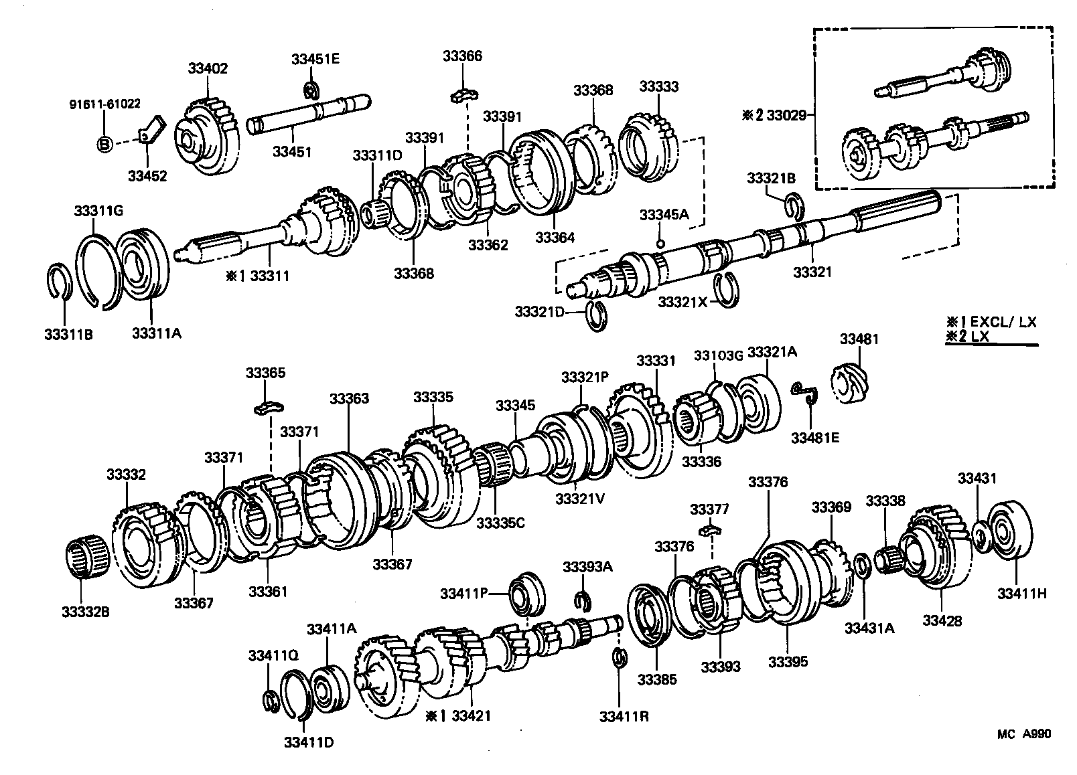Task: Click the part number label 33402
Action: (x=208, y=69)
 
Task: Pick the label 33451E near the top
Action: (x=315, y=59)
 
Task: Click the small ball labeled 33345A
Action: (x=660, y=243)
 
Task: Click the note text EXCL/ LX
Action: (x=1003, y=322)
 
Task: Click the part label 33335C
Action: (x=500, y=523)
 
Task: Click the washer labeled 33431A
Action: (x=863, y=566)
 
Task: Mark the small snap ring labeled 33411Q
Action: (x=271, y=701)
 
